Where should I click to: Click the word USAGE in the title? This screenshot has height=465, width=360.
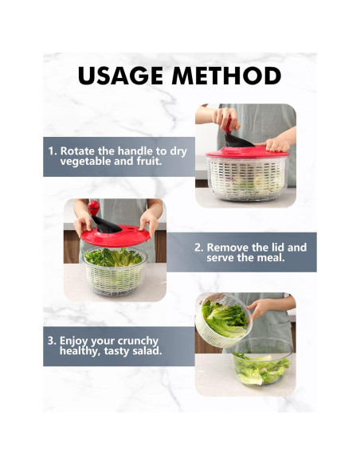click(121, 76)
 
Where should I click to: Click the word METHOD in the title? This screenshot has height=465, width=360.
click(226, 76)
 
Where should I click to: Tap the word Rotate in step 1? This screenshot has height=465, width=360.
click(78, 151)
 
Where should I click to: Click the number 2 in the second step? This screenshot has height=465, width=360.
click(198, 248)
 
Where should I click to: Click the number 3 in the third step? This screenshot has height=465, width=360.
click(52, 341)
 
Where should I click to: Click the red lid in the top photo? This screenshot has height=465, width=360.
click(247, 152)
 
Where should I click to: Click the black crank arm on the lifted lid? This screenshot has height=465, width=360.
click(106, 225)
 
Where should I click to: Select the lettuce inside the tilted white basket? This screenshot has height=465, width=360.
click(224, 319)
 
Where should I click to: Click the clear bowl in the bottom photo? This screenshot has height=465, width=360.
click(262, 361)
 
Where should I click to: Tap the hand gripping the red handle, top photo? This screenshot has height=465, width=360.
click(225, 119)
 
